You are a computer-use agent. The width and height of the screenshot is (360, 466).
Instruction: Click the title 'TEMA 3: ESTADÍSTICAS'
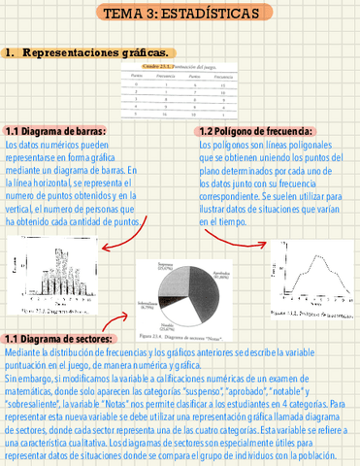pyautogui.click(x=182, y=14)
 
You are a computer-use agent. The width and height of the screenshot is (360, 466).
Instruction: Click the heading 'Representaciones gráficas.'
pyautogui.click(x=97, y=51)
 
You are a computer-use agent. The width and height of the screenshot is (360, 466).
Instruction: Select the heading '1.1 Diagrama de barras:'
pyautogui.click(x=56, y=131)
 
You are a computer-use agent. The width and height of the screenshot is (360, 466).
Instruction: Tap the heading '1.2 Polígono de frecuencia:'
pyautogui.click(x=254, y=131)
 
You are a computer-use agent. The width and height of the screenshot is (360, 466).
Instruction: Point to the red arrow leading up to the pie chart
pyautogui.click(x=117, y=321)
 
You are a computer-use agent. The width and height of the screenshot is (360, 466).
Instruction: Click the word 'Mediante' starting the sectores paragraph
pyautogui.click(x=22, y=351)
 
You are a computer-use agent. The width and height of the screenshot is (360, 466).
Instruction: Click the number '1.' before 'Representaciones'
pyautogui.click(x=11, y=51)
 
